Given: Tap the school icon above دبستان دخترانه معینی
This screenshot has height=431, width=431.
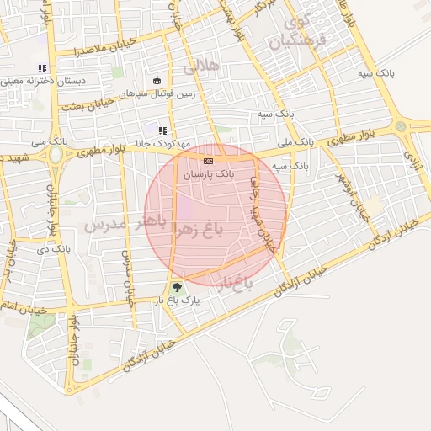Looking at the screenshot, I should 42,69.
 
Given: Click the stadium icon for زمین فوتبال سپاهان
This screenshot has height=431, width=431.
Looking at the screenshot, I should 157,81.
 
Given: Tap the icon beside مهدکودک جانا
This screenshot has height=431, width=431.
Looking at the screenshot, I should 162,130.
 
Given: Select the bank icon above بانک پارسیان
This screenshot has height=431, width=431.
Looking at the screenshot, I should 208,160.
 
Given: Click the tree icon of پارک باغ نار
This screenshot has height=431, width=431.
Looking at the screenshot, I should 177,288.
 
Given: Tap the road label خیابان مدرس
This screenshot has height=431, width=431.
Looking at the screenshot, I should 127,278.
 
